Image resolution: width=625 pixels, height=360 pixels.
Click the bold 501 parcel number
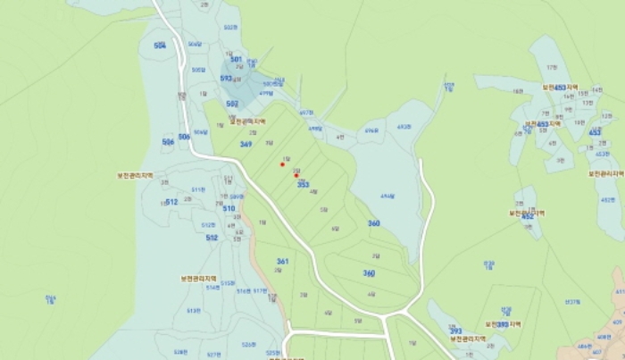pos(236,60)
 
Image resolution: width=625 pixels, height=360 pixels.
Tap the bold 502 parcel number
pos(231,105)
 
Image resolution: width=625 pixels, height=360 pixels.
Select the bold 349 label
pos(246,144)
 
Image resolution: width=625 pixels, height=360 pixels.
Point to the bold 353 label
pos(303,184)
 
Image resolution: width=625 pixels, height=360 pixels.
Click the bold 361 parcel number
pos(282,261)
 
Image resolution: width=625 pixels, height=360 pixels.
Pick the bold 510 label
pos(229,208)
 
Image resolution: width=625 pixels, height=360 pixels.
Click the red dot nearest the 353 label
pos(296,175)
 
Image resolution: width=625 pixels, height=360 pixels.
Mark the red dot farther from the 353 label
pos(282,164)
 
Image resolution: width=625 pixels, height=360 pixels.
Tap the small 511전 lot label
pos(198,189)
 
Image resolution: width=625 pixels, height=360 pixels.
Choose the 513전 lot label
pos(193,311)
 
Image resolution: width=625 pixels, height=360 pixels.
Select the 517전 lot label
pos(261,290)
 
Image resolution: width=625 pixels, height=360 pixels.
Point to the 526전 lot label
pos(248,344)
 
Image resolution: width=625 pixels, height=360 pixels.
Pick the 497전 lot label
pos(305,113)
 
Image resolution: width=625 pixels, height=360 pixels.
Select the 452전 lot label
pos(608,200)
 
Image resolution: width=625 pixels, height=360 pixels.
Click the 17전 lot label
pos(551,67)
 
